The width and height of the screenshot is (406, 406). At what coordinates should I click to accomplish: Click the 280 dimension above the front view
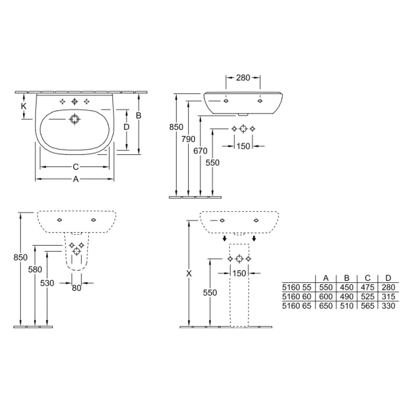(243, 77)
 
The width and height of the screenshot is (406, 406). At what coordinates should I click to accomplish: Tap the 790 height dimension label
(188, 139)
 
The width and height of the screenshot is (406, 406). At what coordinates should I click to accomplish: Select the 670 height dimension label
(200, 151)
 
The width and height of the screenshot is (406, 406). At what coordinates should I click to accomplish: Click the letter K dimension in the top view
(24, 106)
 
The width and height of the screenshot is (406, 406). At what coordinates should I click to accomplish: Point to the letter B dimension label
(139, 115)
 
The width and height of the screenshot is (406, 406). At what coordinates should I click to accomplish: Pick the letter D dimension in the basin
(127, 127)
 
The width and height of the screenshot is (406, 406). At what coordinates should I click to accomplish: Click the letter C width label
(76, 167)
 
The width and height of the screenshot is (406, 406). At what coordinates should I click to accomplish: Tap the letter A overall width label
(76, 179)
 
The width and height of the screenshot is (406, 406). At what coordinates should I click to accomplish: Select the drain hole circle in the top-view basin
(74, 119)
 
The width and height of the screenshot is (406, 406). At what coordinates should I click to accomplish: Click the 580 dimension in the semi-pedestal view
(35, 269)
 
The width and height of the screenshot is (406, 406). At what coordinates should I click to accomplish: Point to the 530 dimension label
(47, 284)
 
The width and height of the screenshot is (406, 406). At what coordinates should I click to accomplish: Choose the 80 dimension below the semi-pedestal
(76, 288)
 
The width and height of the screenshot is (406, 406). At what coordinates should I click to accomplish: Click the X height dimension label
(189, 273)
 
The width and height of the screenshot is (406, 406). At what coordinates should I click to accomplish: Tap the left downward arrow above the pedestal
(225, 238)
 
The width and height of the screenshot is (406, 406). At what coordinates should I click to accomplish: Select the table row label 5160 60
(297, 296)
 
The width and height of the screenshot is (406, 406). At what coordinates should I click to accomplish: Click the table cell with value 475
(367, 287)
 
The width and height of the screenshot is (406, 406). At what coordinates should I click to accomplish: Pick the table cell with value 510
(346, 306)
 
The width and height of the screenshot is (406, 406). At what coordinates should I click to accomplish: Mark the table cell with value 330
(388, 306)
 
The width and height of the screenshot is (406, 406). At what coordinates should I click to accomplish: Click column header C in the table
(367, 278)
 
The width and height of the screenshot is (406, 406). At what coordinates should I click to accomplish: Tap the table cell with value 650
(325, 306)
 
